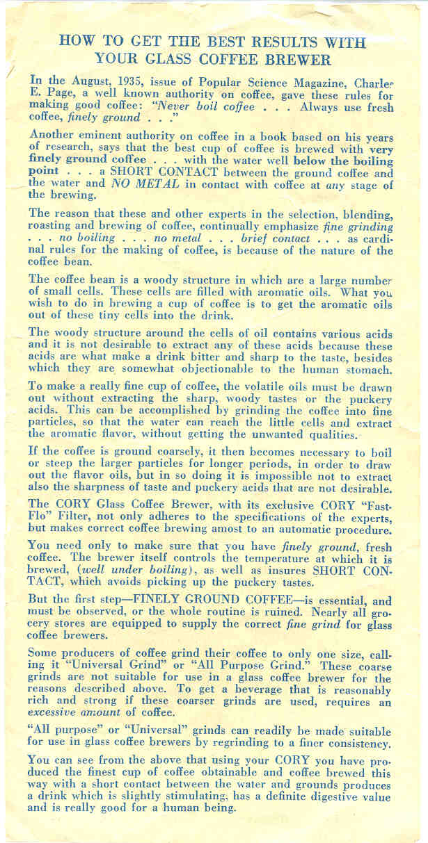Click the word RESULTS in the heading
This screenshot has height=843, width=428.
pos(274,40)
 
